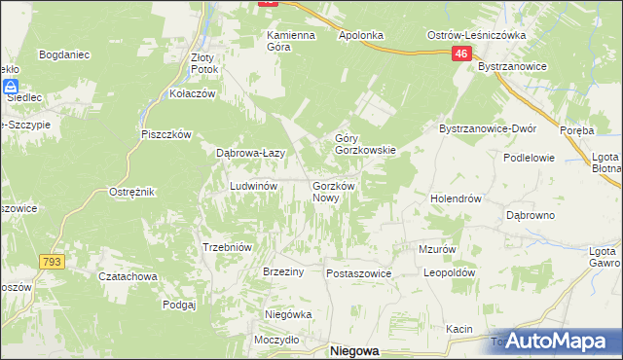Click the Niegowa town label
coord(354,351)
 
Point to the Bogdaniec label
coord(64,55)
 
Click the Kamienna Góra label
coord(292,41)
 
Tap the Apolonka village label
coord(361,35)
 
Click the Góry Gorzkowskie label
coord(364,144)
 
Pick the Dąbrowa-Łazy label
coord(249,153)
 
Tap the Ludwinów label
coord(254,185)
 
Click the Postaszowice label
coord(358,273)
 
